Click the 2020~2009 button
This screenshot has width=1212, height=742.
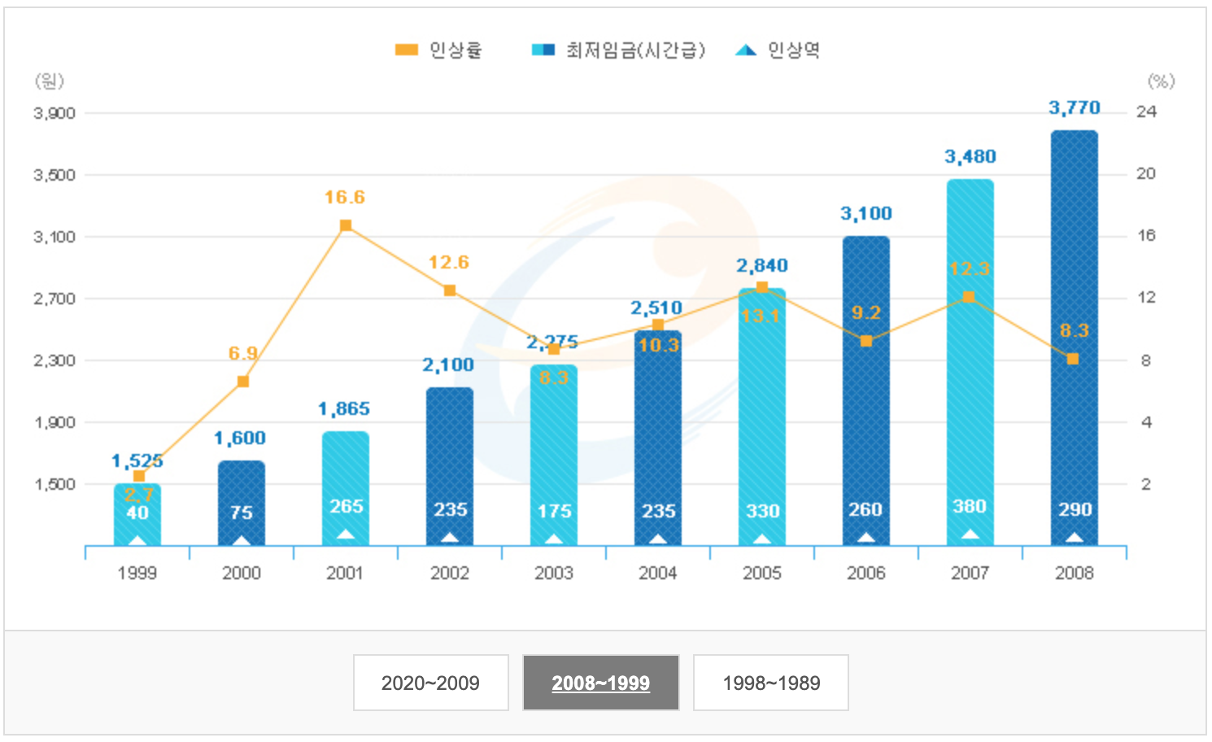point(430,683)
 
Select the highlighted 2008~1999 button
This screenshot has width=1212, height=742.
point(600,683)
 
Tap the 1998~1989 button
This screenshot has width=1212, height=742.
point(770,683)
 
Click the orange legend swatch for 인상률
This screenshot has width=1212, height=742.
point(406,50)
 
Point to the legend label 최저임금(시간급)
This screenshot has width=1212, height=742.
point(635,50)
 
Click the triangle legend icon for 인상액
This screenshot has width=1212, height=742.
point(745,50)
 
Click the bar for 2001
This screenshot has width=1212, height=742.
point(345,488)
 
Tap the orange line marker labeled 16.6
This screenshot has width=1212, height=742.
point(346,225)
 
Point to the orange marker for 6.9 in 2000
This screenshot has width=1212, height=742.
point(242,382)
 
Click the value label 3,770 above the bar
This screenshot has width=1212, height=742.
point(1074,107)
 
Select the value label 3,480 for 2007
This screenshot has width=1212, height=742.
point(970,156)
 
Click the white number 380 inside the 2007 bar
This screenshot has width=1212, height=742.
point(970,507)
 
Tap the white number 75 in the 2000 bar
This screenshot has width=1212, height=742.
point(242,513)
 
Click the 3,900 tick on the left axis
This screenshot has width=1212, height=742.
point(54,113)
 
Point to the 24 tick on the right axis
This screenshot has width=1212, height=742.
point(1146,111)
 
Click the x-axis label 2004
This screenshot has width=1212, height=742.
point(657,573)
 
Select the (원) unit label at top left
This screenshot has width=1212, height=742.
point(49,81)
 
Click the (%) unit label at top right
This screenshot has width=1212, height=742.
point(1161,81)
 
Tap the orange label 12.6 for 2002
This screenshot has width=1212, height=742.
point(449,262)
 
